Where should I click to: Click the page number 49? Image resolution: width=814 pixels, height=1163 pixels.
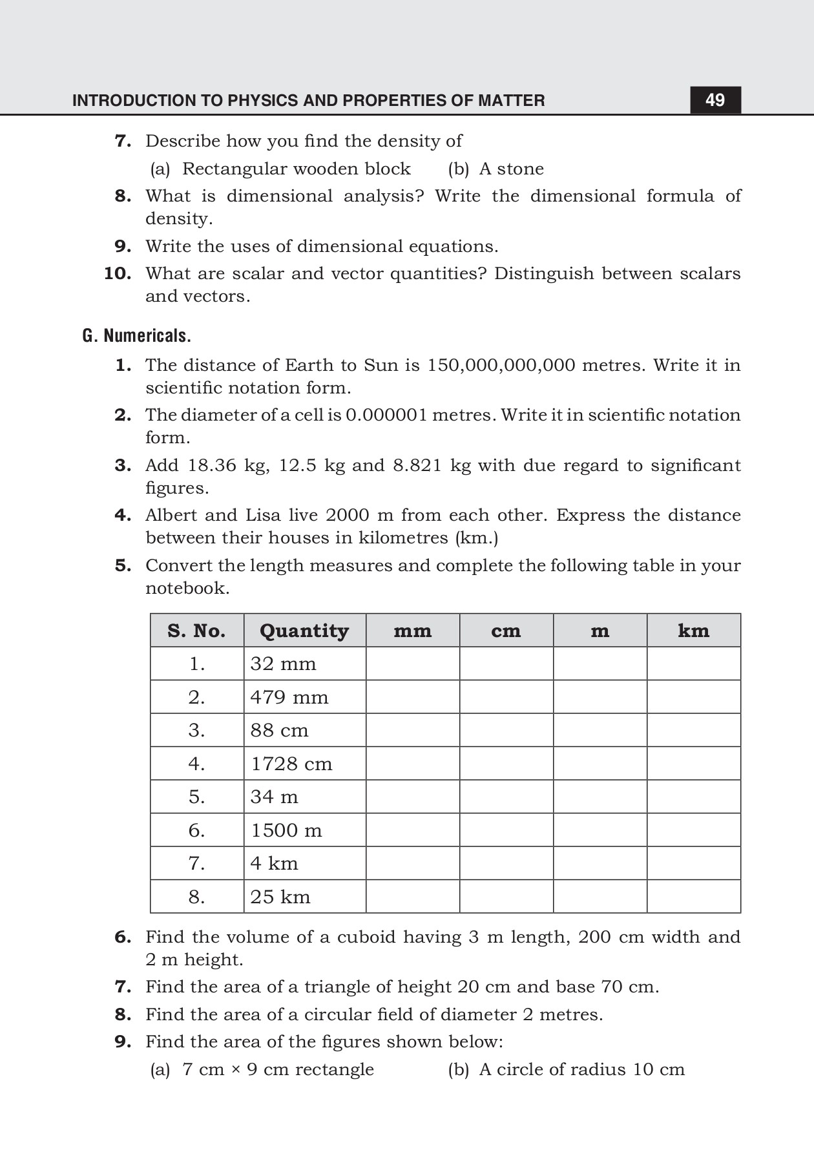click(x=715, y=100)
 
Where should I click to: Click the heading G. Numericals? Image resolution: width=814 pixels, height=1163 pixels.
click(x=136, y=336)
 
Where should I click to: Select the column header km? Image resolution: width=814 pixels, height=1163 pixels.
click(x=693, y=631)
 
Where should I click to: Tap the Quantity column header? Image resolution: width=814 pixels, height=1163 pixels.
click(x=304, y=631)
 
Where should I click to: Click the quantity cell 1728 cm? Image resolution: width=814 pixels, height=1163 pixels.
click(x=291, y=764)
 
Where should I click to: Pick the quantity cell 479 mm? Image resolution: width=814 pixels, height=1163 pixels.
click(x=289, y=697)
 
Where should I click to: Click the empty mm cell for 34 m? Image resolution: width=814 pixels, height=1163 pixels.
click(x=412, y=797)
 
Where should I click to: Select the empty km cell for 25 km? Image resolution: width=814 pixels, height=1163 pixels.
click(x=693, y=897)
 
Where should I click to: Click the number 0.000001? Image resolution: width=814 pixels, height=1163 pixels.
click(x=386, y=415)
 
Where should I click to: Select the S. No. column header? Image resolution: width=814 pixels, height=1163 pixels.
click(x=196, y=631)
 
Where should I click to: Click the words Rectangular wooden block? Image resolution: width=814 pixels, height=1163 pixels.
click(x=296, y=169)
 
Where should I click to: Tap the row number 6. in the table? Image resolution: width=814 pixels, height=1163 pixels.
click(x=196, y=830)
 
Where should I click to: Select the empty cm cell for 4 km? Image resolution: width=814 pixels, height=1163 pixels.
click(x=506, y=863)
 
